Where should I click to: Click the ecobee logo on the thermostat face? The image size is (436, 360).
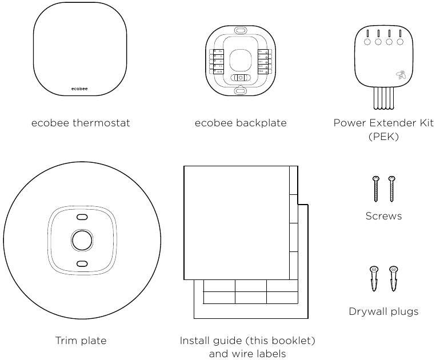click(x=79, y=89)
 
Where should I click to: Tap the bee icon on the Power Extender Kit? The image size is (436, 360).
click(x=400, y=74)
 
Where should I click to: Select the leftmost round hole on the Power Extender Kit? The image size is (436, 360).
click(x=367, y=42)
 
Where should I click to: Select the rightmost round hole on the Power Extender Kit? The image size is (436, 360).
click(x=399, y=42)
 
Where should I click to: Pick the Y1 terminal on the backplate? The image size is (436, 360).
click(x=218, y=61)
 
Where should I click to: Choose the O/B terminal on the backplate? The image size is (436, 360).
click(x=218, y=71)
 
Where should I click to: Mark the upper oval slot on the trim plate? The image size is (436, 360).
click(x=81, y=217)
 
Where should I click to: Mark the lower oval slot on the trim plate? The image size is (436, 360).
click(x=81, y=263)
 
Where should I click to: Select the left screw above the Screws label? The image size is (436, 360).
click(x=376, y=189)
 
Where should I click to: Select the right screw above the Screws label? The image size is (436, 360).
click(x=391, y=189)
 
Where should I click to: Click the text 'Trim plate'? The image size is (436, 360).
click(x=81, y=341)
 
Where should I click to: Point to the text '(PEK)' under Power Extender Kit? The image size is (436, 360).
click(x=383, y=137)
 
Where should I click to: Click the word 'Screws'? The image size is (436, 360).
click(x=383, y=216)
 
